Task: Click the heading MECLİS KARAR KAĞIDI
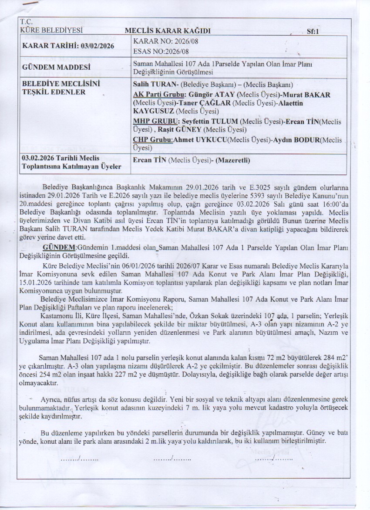(x=168, y=31)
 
